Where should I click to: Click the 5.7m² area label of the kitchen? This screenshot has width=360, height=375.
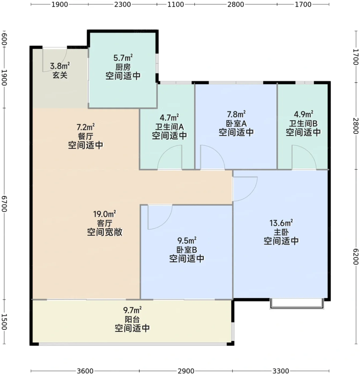pos(123,58)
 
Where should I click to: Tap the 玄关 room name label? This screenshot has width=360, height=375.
pos(60,75)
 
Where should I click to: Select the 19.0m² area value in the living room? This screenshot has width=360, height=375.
pos(105,214)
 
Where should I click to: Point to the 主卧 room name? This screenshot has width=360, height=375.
pos(281,232)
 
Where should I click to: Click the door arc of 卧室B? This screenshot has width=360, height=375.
pos(166,222)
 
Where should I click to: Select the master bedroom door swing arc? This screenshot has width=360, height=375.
pos(251,195)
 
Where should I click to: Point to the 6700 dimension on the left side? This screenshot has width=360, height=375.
pos(4,204)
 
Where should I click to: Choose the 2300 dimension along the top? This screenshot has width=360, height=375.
pos(123,4)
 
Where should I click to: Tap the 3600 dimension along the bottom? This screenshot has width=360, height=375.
pos(85,371)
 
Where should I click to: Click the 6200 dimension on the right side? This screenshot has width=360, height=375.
pos(356,256)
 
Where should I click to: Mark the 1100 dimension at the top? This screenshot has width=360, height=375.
pos(176,4)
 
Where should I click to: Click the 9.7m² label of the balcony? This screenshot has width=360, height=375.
pos(132,310)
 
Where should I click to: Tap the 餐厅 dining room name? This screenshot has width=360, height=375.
pos(85,136)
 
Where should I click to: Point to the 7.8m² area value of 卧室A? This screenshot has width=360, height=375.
pos(236,114)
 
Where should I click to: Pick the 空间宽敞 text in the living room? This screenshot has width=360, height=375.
pos(105,232)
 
